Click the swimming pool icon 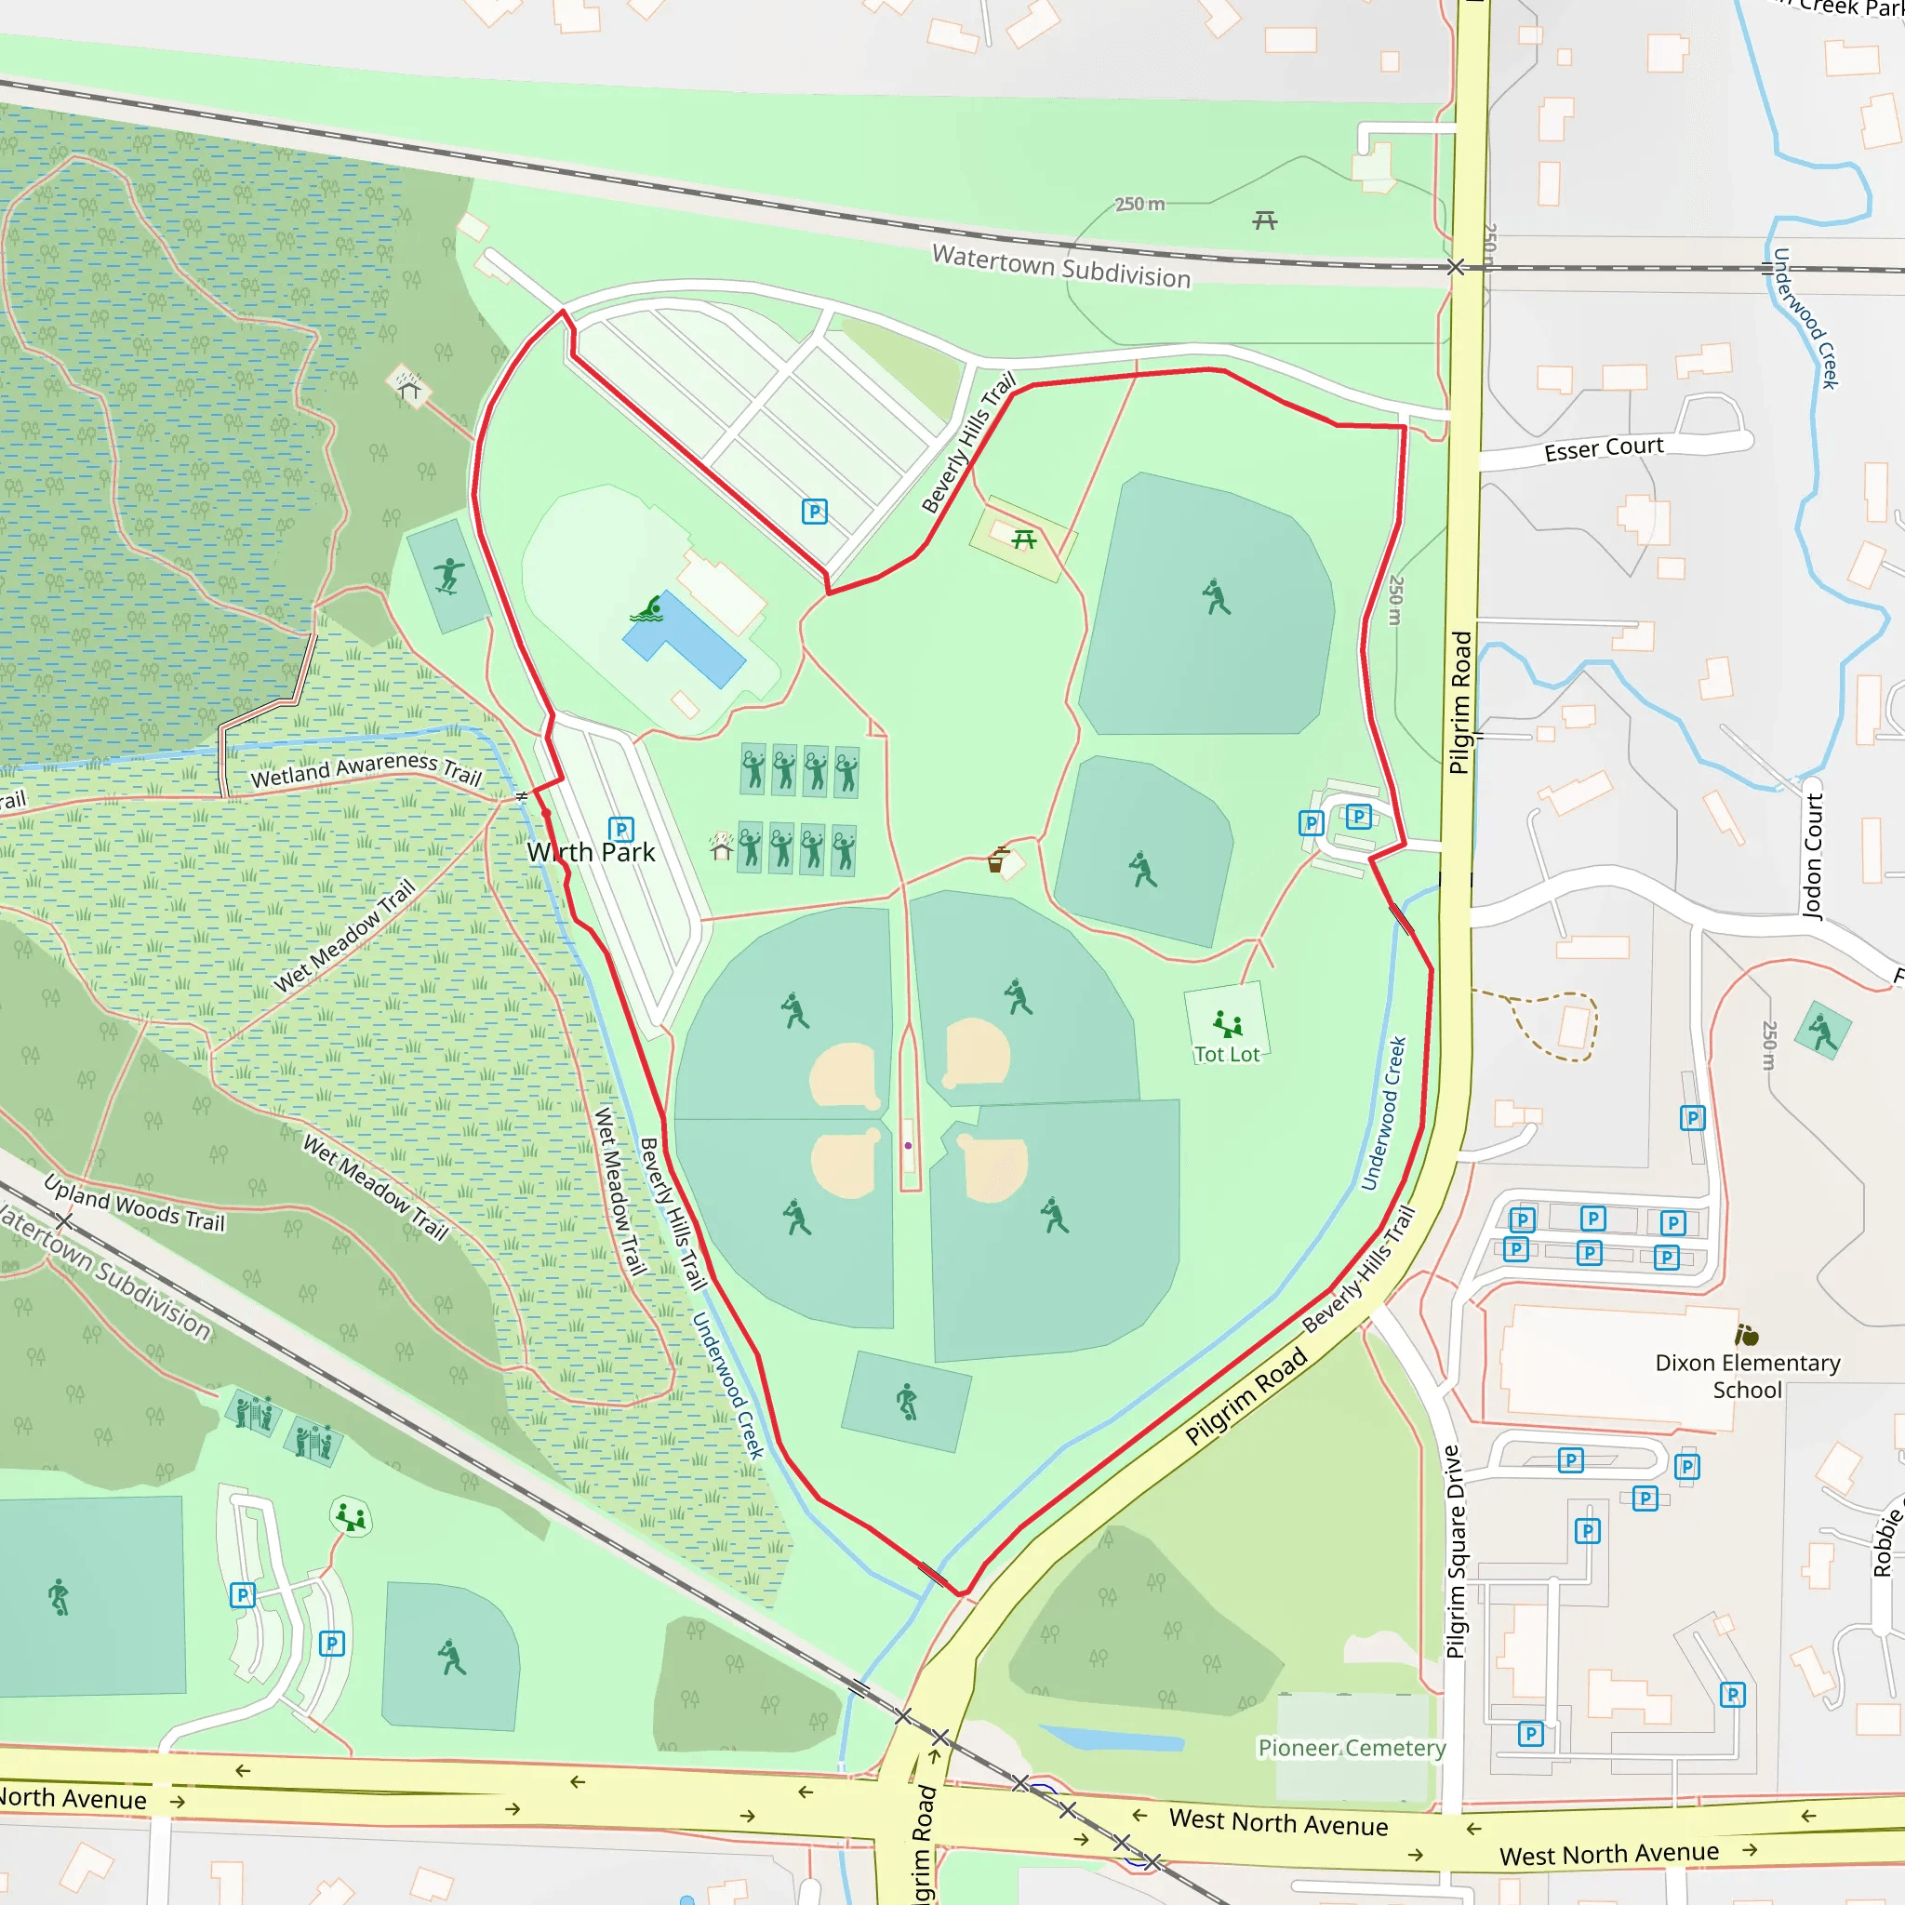(x=646, y=609)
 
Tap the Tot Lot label (x=1227, y=1054)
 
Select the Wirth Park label (x=591, y=852)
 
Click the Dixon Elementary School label (x=1747, y=1377)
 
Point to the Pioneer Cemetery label (x=1352, y=1747)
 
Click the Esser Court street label (x=1604, y=448)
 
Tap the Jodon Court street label (x=1812, y=856)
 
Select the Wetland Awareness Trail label (x=366, y=770)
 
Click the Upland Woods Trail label (x=135, y=1203)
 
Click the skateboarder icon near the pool (x=449, y=576)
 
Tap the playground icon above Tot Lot (x=1227, y=1023)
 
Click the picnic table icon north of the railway (x=1265, y=220)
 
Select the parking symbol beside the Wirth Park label (x=620, y=829)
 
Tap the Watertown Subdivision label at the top (x=1061, y=266)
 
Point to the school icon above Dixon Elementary (x=1747, y=1335)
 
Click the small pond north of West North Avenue (x=1112, y=1738)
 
